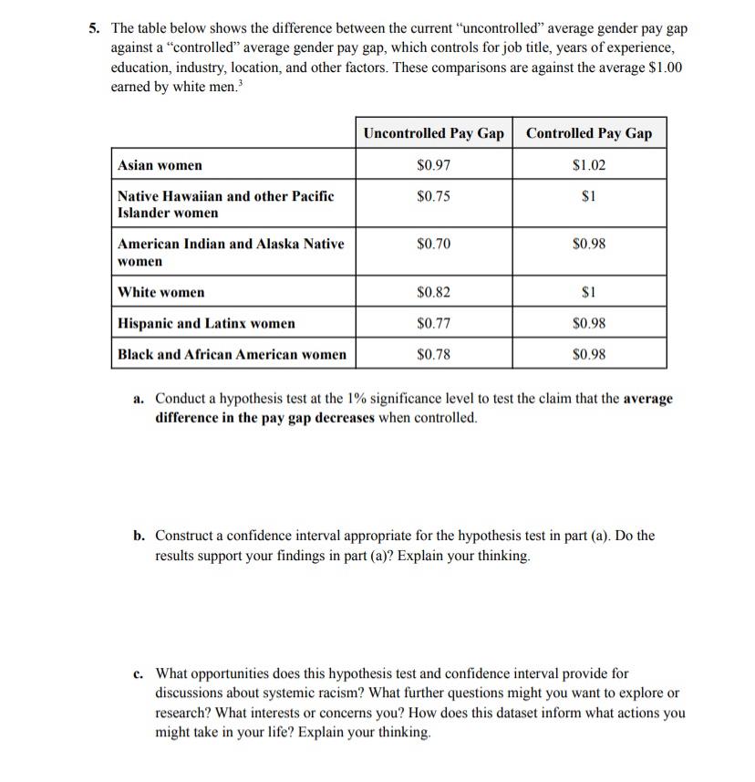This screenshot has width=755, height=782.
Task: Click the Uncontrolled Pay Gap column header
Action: point(433,133)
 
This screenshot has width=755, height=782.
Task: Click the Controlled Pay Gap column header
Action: point(589,133)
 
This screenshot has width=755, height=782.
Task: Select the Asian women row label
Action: point(160,165)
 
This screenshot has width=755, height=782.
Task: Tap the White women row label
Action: point(161,292)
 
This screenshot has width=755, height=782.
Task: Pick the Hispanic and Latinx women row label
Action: point(206,323)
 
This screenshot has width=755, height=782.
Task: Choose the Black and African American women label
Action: point(232,354)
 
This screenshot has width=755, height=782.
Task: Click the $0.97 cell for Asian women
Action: point(433,165)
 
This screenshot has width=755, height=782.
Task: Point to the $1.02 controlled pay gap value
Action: point(589,165)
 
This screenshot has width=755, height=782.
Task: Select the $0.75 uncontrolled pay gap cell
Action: point(433,196)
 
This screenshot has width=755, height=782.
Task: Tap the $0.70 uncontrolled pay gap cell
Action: point(433,244)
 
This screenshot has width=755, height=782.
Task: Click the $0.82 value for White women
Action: point(433,292)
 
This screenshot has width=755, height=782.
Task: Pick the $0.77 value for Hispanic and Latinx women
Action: point(433,323)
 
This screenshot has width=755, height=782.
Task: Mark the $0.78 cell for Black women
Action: point(433,354)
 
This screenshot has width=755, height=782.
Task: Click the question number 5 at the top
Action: point(94,28)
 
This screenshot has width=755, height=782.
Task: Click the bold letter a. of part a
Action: point(139,400)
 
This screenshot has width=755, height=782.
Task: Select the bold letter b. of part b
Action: point(139,536)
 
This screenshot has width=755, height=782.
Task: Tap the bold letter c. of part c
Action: point(138,674)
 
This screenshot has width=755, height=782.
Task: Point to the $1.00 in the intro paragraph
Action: point(664,68)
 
